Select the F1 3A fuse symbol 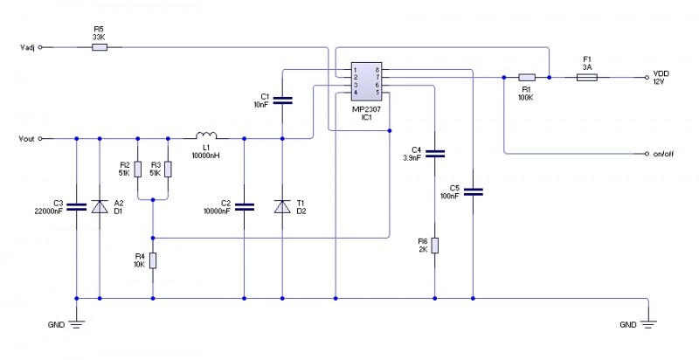(587, 77)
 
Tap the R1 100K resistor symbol (527, 77)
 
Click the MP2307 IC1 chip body (366, 80)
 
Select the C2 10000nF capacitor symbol (245, 206)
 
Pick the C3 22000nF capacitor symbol (77, 206)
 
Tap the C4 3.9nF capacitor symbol (434, 154)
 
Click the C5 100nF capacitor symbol (473, 190)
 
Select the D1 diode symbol (100, 206)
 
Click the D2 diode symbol (281, 206)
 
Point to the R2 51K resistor (138, 168)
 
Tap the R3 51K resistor (169, 168)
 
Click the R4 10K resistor (153, 260)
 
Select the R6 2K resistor (434, 245)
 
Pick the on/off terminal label (664, 154)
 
